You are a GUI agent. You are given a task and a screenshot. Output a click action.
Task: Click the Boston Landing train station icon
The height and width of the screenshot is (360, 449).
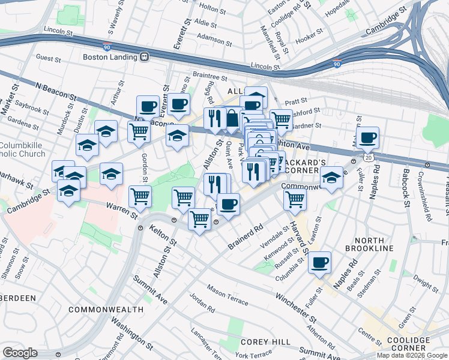pyautogui.click(x=144, y=58)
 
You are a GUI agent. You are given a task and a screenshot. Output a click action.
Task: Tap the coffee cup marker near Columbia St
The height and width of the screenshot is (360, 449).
pyautogui.click(x=320, y=262)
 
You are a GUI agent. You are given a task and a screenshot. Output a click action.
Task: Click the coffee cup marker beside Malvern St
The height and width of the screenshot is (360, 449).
pyautogui.click(x=367, y=137)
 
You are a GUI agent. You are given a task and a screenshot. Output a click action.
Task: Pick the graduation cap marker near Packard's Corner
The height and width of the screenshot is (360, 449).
pyautogui.click(x=331, y=178)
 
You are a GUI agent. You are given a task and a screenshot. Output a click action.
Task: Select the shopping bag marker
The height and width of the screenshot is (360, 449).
pyautogui.click(x=232, y=118)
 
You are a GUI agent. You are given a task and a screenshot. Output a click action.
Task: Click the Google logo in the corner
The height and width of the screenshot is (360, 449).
pyautogui.click(x=20, y=352)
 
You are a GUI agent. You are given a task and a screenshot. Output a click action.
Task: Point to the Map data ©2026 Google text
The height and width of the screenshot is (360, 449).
pyautogui.click(x=412, y=355)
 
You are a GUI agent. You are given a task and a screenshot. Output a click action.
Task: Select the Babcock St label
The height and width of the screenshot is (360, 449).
pyautogui.click(x=406, y=187)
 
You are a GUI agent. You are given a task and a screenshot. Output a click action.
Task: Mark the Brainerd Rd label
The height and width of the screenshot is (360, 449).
pyautogui.click(x=246, y=237)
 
